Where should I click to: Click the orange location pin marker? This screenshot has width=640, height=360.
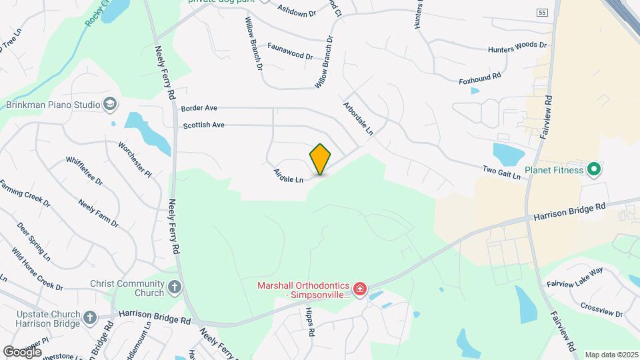pyautogui.click(x=321, y=159)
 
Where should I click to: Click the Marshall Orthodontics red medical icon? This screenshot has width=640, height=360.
pyautogui.click(x=359, y=288)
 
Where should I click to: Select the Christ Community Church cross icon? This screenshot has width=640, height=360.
pyautogui.click(x=175, y=288)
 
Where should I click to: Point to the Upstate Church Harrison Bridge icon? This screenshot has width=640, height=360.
pyautogui.click(x=91, y=317)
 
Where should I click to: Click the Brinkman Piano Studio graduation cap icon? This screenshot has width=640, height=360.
pyautogui.click(x=110, y=105)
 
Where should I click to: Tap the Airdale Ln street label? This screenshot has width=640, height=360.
pyautogui.click(x=288, y=176)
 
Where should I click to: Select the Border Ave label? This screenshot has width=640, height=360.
pyautogui.click(x=199, y=108)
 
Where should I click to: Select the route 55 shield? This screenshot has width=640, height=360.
pyautogui.click(x=541, y=13)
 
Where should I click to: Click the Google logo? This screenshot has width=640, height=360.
pyautogui.click(x=22, y=351)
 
